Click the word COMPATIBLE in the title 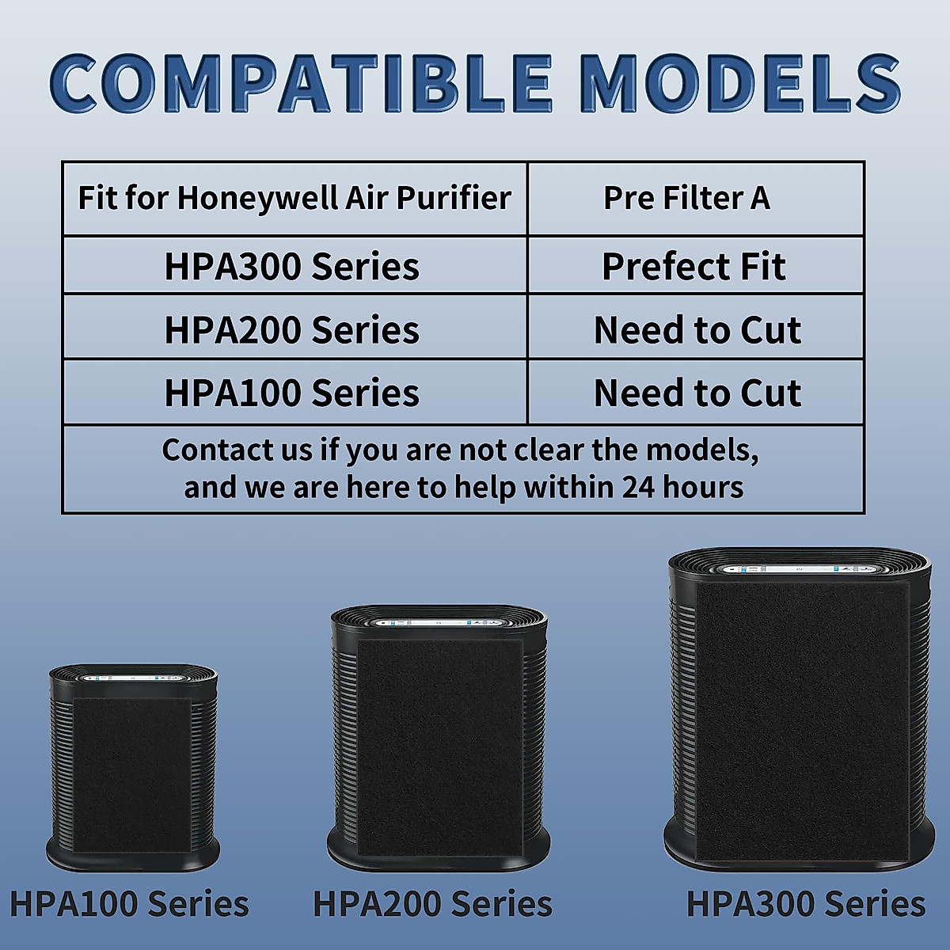[x=301, y=82]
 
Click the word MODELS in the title [x=740, y=82]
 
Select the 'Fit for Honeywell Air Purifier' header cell [x=294, y=198]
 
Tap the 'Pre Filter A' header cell [x=686, y=198]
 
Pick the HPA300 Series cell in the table [x=291, y=267]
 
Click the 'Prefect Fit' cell [x=693, y=267]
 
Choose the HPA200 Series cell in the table [x=291, y=330]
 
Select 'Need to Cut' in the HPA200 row [x=697, y=330]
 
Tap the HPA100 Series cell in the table [x=291, y=393]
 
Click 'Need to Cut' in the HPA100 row [x=697, y=393]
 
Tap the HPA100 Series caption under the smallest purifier [x=129, y=904]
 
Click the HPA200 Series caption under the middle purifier [x=432, y=904]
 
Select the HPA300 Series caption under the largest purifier [x=805, y=904]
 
